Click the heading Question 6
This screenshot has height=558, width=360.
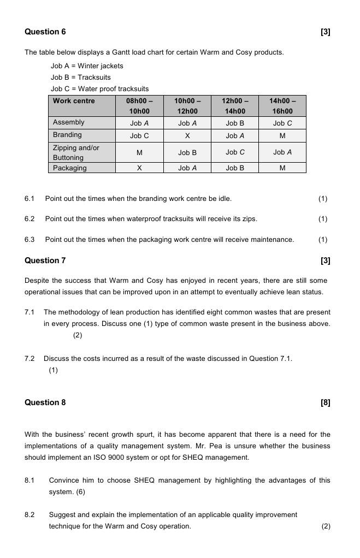click(45, 32)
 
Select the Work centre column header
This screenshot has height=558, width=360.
click(74, 101)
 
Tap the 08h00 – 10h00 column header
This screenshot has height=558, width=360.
click(139, 106)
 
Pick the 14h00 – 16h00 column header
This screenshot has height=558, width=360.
click(282, 106)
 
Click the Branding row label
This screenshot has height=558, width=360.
click(67, 135)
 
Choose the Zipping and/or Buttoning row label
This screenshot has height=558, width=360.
click(76, 152)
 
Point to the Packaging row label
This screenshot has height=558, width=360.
click(69, 168)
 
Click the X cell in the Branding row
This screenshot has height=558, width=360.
click(187, 135)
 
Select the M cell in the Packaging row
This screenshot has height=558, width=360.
click(282, 168)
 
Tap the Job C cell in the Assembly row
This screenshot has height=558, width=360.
click(282, 123)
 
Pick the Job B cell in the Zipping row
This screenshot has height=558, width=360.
click(187, 153)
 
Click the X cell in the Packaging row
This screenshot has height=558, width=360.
click(139, 168)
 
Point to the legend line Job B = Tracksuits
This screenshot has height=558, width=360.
click(81, 78)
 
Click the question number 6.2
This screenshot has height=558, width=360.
click(29, 219)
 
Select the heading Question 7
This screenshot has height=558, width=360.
click(45, 260)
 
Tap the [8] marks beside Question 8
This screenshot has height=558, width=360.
click(326, 403)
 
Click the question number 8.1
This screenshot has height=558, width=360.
click(29, 480)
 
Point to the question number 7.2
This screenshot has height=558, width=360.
click(29, 359)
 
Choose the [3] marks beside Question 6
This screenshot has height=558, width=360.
click(326, 32)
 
